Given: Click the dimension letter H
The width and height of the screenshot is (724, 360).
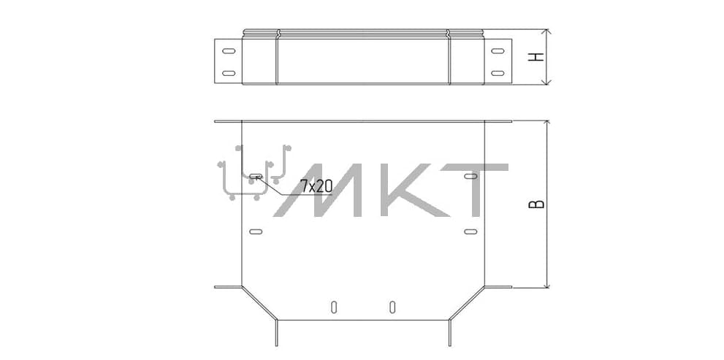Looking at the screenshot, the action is point(536,57).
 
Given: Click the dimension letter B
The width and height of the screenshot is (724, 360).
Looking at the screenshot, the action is point(536,204).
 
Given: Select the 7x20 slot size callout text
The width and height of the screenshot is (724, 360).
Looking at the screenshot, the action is point(316,186).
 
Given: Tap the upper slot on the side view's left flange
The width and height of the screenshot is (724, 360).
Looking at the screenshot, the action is point(228,51).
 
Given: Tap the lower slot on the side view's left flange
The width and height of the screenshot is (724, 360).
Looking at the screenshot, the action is point(228,73).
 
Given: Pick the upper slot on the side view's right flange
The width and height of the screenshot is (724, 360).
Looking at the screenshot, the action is point(498,51).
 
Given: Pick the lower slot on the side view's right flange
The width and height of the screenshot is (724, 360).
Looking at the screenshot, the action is point(498,73).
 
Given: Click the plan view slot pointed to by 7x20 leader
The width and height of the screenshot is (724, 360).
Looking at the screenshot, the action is point(256,176).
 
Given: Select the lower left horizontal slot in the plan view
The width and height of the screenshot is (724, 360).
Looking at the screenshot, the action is point(256,231).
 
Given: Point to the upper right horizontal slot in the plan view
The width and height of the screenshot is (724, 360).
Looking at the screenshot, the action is point(470,176).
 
